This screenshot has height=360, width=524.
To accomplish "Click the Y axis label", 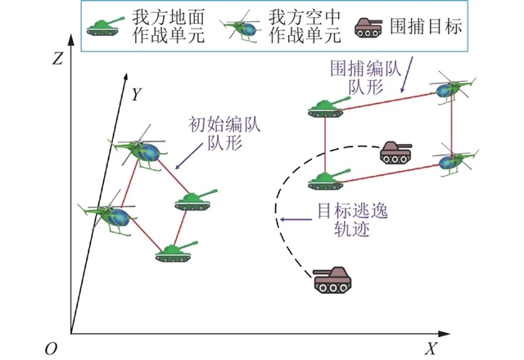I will point(137,95).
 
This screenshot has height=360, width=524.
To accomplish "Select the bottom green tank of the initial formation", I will point(173,250).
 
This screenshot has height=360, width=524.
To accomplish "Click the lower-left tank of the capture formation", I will point(326,179).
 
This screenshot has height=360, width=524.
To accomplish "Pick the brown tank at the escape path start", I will point(333,280).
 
